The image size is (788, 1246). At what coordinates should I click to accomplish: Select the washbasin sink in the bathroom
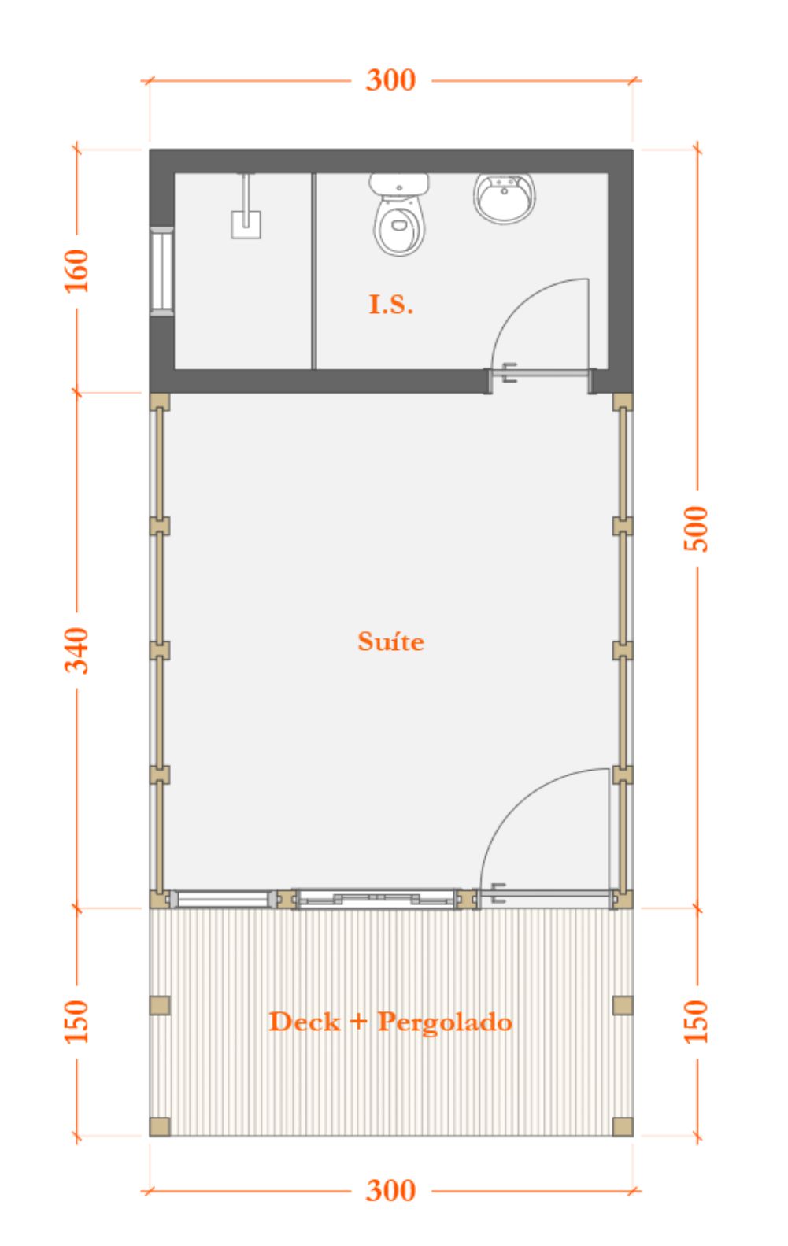(504, 198)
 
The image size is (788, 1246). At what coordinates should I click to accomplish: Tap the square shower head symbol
(246, 225)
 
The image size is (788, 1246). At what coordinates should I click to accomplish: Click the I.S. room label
(390, 305)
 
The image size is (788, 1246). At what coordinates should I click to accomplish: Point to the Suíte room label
(390, 641)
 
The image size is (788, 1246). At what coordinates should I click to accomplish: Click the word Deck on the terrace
(305, 1022)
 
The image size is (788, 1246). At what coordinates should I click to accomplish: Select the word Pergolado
(445, 1022)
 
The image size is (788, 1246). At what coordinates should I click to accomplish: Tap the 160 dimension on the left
(76, 271)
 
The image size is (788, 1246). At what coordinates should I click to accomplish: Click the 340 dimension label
(76, 650)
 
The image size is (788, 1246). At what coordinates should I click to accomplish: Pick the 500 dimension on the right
(696, 529)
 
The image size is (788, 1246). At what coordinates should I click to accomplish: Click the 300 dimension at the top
(390, 80)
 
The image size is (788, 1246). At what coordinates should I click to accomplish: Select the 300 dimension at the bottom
(390, 1191)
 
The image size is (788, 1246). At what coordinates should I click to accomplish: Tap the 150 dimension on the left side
(76, 1022)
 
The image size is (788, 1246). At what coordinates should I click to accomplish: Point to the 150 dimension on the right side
(696, 1022)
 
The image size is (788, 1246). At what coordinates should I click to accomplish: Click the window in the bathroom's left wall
(162, 271)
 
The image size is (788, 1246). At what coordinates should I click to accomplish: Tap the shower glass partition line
(314, 271)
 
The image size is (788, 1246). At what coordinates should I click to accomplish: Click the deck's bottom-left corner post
(160, 1126)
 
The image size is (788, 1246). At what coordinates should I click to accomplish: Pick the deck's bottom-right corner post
(623, 1126)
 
